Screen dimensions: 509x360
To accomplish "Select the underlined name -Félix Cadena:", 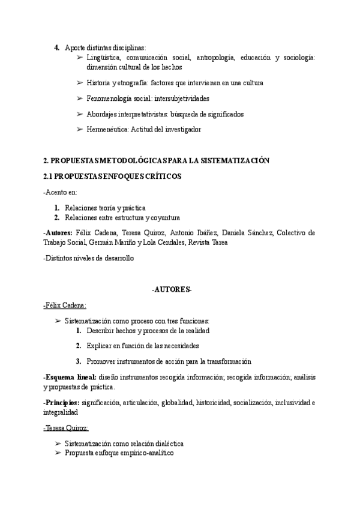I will click(x=65, y=305).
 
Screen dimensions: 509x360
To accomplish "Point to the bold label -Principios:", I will click(x=62, y=403).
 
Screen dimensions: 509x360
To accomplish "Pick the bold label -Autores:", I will click(x=58, y=233).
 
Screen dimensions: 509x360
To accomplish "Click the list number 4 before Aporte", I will click(x=57, y=47).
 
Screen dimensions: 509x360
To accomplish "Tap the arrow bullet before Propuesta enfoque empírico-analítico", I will click(x=58, y=454).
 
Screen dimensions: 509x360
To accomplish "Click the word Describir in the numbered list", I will click(x=102, y=331).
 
